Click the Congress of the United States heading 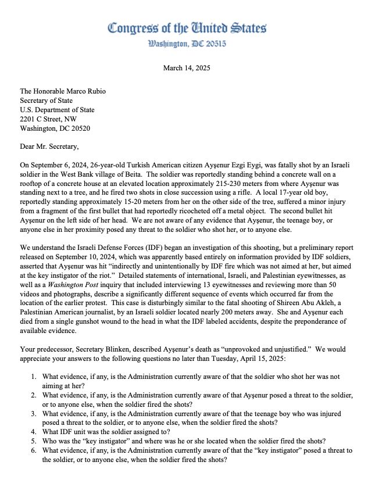point(187,28)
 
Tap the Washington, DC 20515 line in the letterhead point(187,44)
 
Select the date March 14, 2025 point(187,68)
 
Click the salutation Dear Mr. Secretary point(48,147)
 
